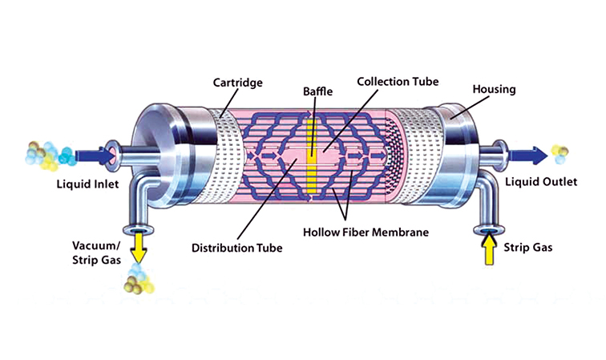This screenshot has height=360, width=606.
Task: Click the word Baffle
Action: pyautogui.click(x=317, y=92)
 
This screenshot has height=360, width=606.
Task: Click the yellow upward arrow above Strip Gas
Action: pyautogui.click(x=487, y=250)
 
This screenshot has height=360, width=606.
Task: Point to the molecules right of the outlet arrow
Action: pyautogui.click(x=561, y=152)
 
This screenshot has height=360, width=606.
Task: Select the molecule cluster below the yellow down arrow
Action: pyautogui.click(x=139, y=281)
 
